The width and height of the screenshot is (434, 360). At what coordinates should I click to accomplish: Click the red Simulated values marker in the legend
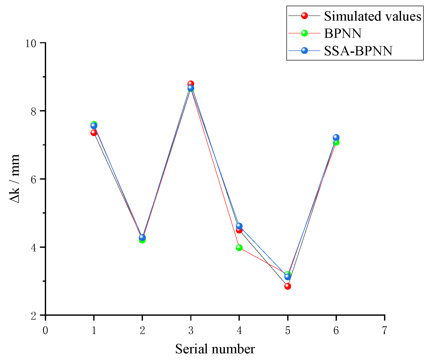point(304,16)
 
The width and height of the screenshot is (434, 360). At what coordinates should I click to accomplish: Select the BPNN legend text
point(343,33)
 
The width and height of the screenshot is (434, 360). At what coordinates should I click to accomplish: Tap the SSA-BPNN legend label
point(358,51)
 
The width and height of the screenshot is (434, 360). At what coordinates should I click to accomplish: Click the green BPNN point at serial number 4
point(239,248)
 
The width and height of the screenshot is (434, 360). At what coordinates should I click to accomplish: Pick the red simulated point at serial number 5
point(288,286)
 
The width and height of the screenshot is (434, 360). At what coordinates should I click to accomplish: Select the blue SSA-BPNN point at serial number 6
point(336,137)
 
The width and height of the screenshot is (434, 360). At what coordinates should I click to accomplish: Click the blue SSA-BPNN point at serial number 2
point(142,237)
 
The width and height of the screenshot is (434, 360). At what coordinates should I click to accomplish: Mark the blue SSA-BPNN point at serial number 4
point(239,226)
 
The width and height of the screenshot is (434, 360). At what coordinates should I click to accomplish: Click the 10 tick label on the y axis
point(30,43)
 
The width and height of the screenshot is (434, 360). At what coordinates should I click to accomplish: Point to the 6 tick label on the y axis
point(33,179)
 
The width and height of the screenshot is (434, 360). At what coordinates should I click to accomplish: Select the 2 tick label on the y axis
point(33,316)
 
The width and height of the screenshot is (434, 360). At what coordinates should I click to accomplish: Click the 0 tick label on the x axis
point(45,331)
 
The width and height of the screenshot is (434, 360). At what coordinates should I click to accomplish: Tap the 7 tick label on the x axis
point(384,331)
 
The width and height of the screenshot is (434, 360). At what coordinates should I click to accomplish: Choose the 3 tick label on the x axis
point(191,331)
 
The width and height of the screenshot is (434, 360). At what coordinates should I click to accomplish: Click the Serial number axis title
point(215,349)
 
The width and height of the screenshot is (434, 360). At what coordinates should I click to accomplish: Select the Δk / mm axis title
point(15,179)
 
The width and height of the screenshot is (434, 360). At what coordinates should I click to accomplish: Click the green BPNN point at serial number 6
point(336,142)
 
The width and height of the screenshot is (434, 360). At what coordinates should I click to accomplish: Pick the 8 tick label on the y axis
point(33,111)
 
